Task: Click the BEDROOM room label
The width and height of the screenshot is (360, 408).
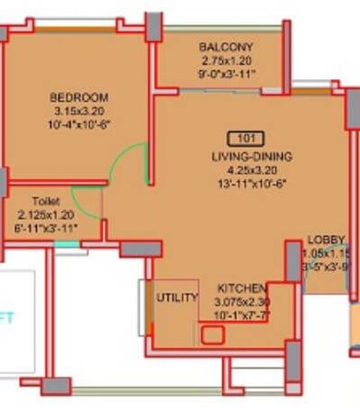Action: [x=79, y=97]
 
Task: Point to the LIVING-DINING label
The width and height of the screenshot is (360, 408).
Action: [x=250, y=156]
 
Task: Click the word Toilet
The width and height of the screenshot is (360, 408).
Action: [x=46, y=200]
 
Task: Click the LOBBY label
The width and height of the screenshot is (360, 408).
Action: [x=326, y=240]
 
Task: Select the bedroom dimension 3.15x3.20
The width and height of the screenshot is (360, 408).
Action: [x=79, y=111]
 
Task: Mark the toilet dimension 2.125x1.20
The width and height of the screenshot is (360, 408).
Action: [x=46, y=212]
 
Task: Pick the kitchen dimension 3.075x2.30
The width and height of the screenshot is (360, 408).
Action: [x=243, y=300]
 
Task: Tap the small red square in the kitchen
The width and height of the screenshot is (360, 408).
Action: [x=212, y=334]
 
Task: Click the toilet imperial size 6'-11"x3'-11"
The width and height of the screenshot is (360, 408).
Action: [x=46, y=225]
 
